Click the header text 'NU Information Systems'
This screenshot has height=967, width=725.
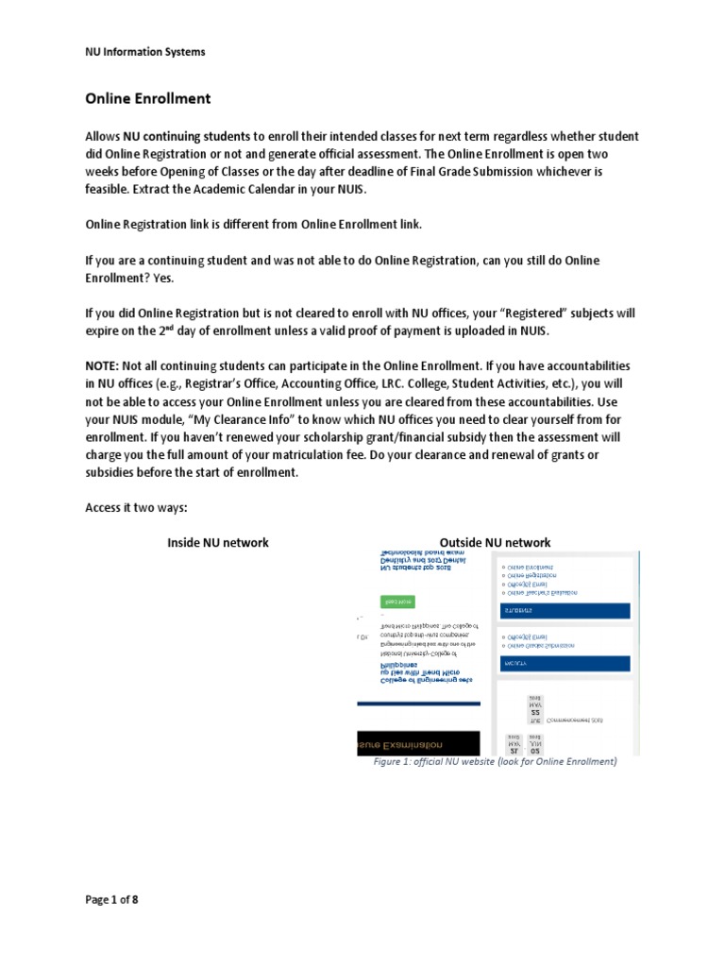click(x=145, y=52)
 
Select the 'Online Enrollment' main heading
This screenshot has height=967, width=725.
click(x=148, y=98)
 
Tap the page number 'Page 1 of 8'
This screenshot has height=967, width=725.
click(x=112, y=899)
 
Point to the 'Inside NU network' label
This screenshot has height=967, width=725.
click(x=218, y=542)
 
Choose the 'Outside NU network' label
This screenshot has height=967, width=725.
click(x=489, y=542)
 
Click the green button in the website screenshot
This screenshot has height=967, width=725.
click(x=397, y=601)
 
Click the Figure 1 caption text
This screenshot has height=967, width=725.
click(x=495, y=762)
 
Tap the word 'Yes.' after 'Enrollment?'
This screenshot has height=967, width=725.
click(x=160, y=280)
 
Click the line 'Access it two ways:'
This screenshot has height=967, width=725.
click(x=137, y=507)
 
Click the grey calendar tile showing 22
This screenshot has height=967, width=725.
click(x=535, y=712)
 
